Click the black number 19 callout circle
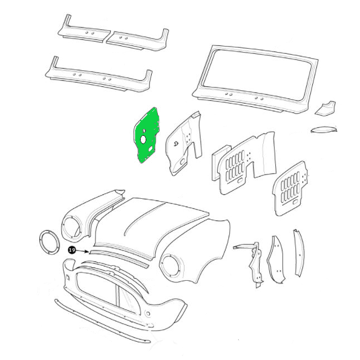(72, 250)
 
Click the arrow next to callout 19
(82, 251)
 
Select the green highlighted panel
(147, 135)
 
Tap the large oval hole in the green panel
(143, 140)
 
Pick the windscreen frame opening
(257, 76)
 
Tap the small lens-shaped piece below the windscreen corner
(324, 129)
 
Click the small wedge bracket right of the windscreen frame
(326, 108)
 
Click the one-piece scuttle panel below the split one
(99, 76)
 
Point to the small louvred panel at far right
(290, 189)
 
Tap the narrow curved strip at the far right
(299, 253)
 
